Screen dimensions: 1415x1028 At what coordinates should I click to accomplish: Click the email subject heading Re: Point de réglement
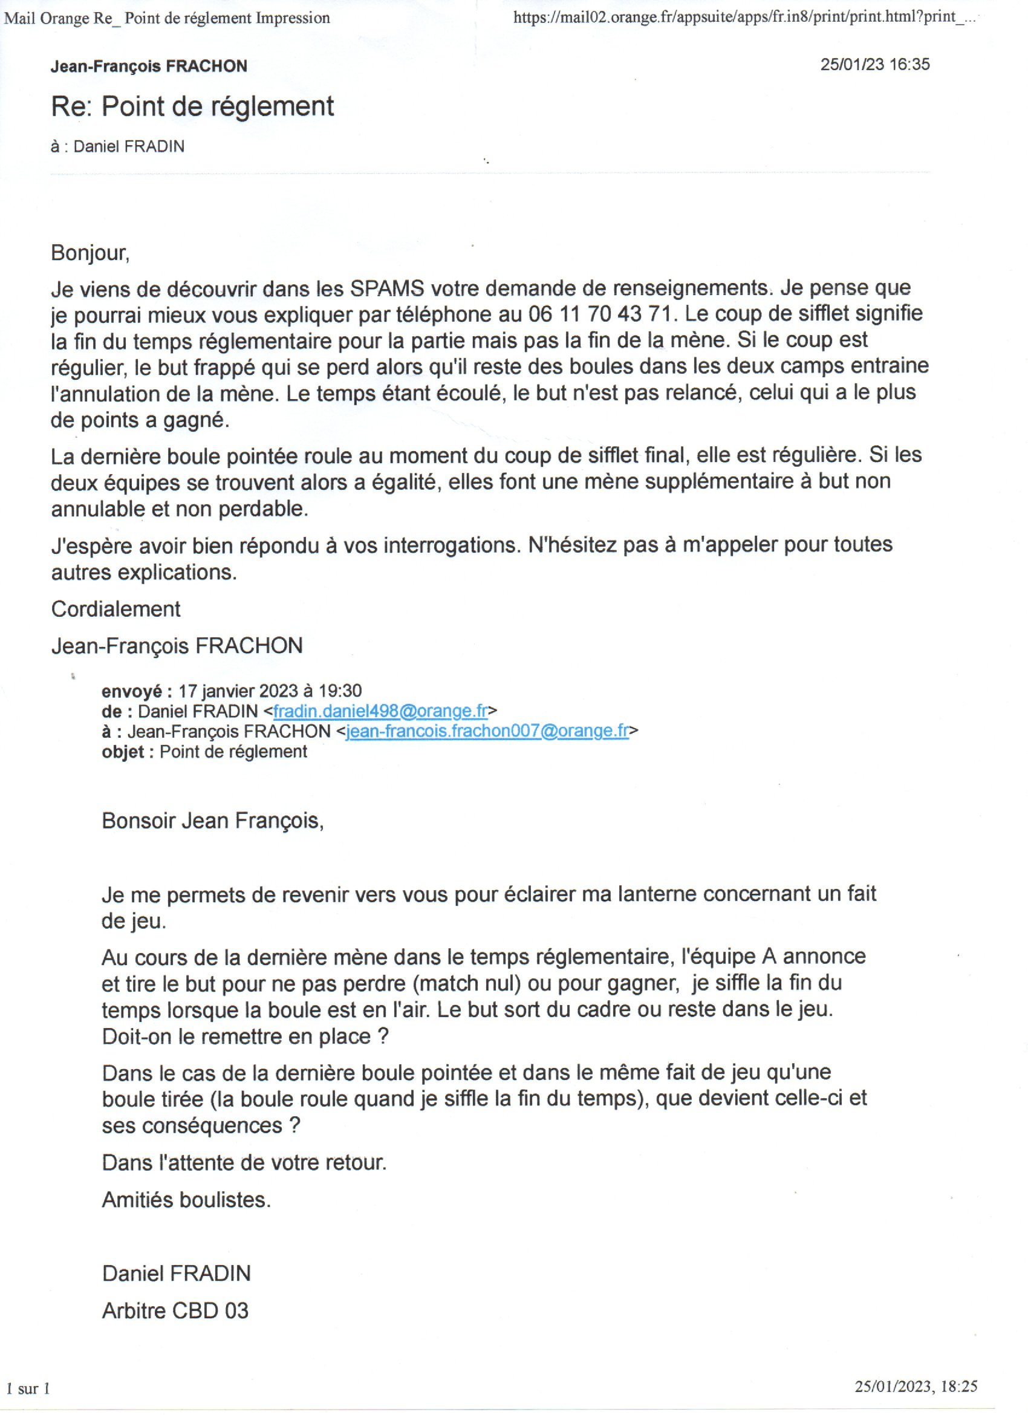192,106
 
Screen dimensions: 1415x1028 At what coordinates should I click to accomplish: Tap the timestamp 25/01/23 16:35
874,64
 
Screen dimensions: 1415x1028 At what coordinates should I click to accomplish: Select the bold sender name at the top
149,66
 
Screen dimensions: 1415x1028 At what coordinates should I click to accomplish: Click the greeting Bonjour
90,253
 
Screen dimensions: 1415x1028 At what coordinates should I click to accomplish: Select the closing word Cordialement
115,609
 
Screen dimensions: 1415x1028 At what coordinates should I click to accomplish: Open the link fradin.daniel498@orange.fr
380,711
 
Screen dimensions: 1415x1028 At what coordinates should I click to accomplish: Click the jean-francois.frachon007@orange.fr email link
487,731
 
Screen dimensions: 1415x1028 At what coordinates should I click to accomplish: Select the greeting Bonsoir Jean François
213,821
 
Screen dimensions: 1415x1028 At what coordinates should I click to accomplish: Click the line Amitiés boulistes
186,1200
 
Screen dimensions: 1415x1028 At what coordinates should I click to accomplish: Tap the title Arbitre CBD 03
175,1311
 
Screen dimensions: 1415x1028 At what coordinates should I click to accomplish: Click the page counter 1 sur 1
28,1388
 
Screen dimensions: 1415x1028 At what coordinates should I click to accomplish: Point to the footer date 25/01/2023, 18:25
915,1387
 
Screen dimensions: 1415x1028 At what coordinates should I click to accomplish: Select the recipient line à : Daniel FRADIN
117,146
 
